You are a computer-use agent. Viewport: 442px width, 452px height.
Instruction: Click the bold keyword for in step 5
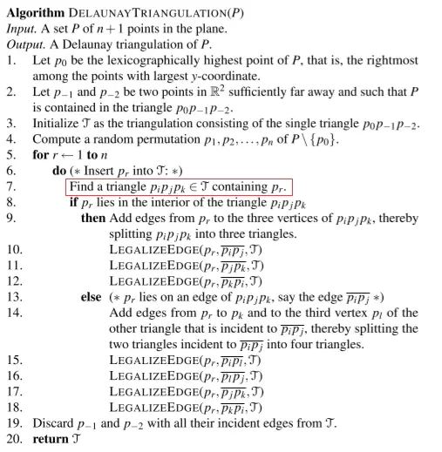[x=40, y=154]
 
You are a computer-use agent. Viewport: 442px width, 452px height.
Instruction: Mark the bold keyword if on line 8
[x=72, y=201]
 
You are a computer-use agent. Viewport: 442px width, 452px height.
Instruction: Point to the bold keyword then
[x=93, y=217]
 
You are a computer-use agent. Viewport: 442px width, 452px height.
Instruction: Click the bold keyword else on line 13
[x=92, y=297]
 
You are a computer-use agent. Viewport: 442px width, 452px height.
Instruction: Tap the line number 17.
[x=12, y=390]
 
